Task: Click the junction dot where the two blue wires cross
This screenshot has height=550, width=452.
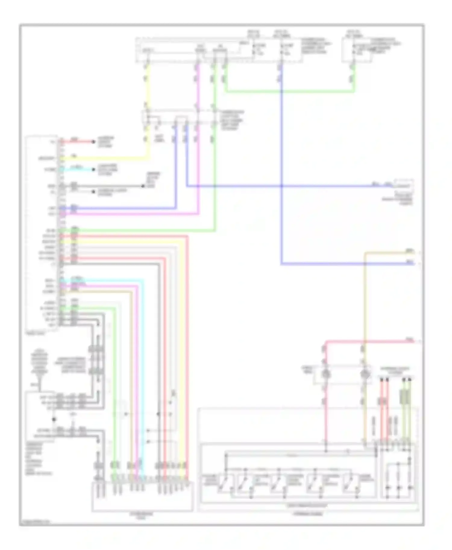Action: (281, 186)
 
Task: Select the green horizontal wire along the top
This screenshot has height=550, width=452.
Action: (289, 91)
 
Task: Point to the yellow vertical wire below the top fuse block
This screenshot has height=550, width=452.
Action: (148, 87)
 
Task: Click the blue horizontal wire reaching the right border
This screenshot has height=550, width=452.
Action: (347, 264)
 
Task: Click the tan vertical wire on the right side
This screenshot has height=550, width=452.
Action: (365, 301)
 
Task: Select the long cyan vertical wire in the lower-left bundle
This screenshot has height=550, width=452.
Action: (143, 376)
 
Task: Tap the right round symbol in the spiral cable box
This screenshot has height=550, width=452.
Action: (365, 375)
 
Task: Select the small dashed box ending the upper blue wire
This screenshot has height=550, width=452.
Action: (404, 186)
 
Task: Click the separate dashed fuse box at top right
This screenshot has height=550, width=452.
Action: (357, 50)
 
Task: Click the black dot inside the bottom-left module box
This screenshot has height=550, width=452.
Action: (54, 419)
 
